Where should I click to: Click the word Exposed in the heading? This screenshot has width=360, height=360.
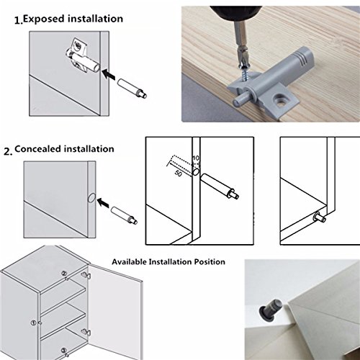click(44, 19)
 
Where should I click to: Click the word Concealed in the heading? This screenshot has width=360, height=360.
click(37, 149)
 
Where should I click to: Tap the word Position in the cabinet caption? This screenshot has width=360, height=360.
click(210, 261)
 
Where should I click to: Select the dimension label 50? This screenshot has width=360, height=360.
click(178, 174)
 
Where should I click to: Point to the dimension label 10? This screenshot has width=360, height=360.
click(196, 158)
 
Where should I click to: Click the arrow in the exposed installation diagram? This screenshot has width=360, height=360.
click(108, 74)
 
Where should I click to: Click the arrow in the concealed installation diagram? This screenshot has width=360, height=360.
click(103, 203)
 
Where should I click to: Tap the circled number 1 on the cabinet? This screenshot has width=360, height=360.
click(34, 323)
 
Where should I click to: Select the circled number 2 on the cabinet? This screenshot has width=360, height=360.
click(64, 273)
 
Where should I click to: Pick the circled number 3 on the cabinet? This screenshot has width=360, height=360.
click(63, 350)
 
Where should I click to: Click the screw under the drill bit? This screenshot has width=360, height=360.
click(246, 72)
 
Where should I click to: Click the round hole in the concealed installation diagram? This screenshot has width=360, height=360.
click(91, 198)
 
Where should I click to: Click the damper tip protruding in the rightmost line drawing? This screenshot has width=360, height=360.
click(320, 217)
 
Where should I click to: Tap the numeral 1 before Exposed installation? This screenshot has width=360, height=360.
click(18, 21)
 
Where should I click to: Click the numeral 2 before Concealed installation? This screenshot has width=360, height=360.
click(7, 151)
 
